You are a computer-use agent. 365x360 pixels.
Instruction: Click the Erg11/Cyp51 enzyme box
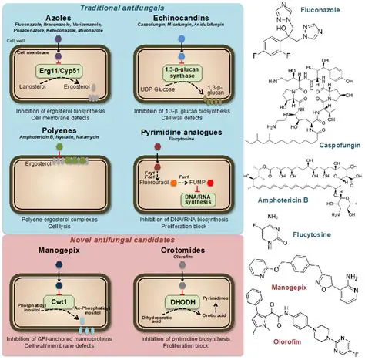[66, 66]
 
